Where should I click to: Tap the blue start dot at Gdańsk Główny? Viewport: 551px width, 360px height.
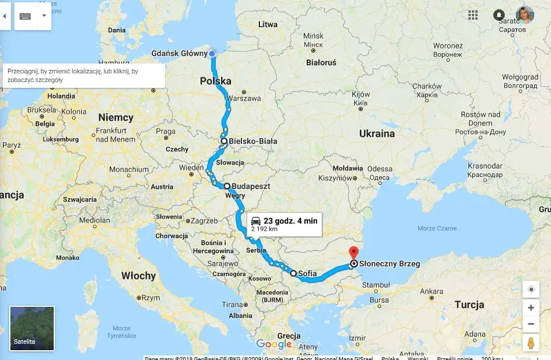(212, 54)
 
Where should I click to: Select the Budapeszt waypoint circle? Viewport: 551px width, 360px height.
(227, 186)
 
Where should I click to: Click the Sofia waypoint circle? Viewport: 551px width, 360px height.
(293, 273)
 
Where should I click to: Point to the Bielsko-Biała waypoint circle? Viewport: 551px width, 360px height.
(224, 141)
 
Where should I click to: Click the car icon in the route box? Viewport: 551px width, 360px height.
(256, 221)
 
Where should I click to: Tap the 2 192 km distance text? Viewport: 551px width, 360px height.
(263, 230)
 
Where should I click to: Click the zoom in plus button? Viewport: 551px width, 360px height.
(531, 307)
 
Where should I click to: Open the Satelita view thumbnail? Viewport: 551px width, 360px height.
(32, 328)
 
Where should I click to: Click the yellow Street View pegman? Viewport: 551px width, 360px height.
(531, 343)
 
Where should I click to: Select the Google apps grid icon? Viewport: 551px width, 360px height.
(473, 15)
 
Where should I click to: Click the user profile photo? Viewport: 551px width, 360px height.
(524, 15)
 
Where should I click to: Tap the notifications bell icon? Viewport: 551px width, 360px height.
(499, 15)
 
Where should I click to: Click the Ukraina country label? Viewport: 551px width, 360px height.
(377, 133)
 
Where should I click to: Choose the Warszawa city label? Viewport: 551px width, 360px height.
(244, 98)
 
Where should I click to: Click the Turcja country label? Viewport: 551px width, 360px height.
(469, 305)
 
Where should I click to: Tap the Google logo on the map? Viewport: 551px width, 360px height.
(273, 344)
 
